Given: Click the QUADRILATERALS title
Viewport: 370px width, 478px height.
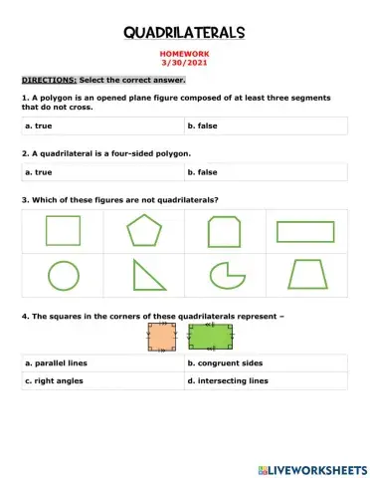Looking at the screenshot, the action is (184, 34).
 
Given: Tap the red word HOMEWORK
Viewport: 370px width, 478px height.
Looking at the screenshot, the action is (184, 57).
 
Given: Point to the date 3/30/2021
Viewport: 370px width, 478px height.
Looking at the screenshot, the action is (184, 66).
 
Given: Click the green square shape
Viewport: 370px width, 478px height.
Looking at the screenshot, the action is (62, 231).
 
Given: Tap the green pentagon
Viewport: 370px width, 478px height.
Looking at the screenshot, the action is (143, 231).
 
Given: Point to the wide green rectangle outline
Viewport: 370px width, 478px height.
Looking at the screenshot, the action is (307, 231).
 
